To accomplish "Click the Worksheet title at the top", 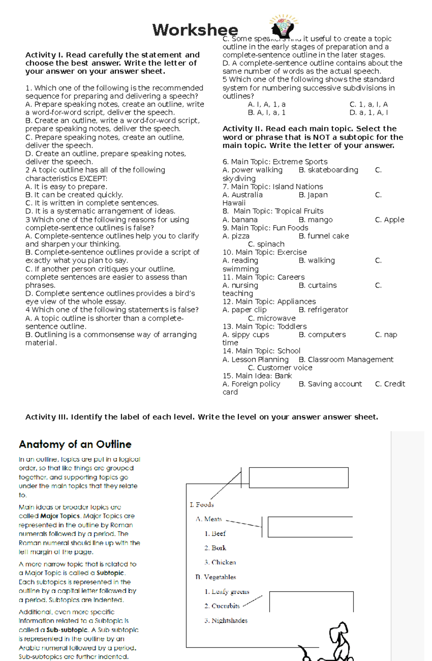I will point(195,30).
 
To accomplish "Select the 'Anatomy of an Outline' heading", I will point(75,444).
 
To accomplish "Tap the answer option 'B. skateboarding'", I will point(328,170).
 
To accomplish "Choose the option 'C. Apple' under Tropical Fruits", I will point(390,220).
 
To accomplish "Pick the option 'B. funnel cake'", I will point(324,236).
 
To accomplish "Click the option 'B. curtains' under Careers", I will point(318,285).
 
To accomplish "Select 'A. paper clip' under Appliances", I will point(244,310).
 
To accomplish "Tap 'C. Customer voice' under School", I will point(280,368).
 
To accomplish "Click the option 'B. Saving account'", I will point(330,384).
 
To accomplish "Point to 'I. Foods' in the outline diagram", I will point(202,505).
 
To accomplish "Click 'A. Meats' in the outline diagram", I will point(209,519).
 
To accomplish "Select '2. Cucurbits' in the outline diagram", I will point(222,606).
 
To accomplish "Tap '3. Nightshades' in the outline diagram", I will point(226,620).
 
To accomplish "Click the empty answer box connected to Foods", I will point(298,478).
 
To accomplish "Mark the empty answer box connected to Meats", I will point(310,527).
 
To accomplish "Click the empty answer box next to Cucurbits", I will point(311,602).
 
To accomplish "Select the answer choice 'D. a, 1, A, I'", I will point(368,112).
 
